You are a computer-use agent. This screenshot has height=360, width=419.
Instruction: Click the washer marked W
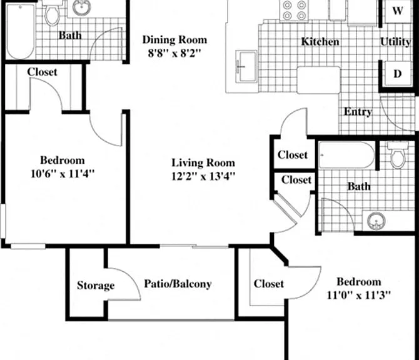tap(398, 11)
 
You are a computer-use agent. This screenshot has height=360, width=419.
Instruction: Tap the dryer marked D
tap(397, 74)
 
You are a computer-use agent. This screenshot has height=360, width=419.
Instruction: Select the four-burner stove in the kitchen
tap(294, 10)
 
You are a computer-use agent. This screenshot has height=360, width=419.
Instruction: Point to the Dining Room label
tap(174, 40)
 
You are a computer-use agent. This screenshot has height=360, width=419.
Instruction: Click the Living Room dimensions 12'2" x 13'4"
tap(203, 176)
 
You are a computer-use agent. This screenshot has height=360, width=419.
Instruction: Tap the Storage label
tap(96, 285)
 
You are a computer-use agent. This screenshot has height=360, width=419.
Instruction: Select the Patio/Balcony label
tap(178, 284)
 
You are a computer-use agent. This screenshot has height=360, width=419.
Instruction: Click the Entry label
tap(358, 112)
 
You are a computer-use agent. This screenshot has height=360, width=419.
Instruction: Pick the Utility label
tap(395, 42)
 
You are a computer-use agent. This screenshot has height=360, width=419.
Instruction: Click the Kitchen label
tap(320, 42)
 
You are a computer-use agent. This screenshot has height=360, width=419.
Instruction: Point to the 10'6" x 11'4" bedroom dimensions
tap(63, 174)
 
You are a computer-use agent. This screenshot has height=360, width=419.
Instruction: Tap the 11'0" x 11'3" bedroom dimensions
tap(358, 296)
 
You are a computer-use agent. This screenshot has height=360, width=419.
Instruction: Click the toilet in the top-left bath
tap(53, 14)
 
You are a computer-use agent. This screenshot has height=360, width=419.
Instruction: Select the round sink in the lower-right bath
tap(376, 221)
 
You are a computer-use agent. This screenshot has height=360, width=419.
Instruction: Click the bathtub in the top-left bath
tap(21, 31)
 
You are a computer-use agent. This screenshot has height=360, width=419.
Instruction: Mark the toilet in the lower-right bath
tap(398, 156)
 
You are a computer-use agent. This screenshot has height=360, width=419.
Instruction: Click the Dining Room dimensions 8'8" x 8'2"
tap(174, 53)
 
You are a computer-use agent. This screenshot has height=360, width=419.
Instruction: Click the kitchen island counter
tap(319, 80)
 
